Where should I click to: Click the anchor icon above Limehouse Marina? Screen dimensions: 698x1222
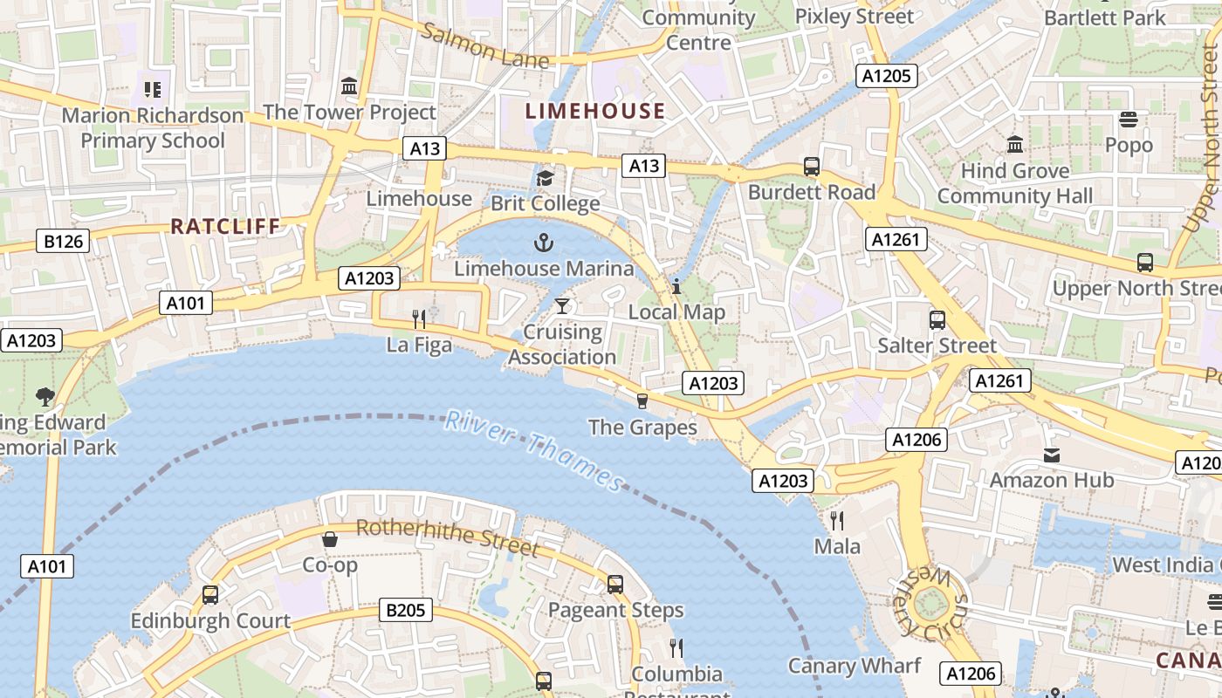[x=545, y=242]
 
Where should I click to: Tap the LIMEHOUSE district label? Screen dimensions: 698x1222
[x=596, y=111]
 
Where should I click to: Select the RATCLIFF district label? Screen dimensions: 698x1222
[x=225, y=227]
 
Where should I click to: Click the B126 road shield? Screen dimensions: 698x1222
[x=63, y=241]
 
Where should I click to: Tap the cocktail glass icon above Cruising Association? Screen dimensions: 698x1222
[x=562, y=305]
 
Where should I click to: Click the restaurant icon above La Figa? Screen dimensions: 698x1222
[x=419, y=318]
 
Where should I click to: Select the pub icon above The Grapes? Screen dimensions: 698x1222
[x=642, y=400]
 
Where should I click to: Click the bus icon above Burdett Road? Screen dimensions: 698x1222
[x=811, y=166]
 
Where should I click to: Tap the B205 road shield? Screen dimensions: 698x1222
[x=407, y=610]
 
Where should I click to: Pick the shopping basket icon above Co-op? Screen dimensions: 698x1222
[x=330, y=539]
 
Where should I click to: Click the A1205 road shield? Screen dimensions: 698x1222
[x=886, y=76]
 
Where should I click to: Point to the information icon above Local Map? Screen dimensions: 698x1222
[x=676, y=285]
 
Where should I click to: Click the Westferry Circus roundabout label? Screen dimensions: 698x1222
[x=932, y=602]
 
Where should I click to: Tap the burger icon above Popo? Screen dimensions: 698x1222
[x=1129, y=119]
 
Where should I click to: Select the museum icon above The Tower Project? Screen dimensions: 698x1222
[x=349, y=86]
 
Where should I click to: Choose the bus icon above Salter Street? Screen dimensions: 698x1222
[x=937, y=319]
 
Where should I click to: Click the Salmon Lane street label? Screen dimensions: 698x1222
[x=485, y=46]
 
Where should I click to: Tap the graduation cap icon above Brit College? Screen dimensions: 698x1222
[x=545, y=178]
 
